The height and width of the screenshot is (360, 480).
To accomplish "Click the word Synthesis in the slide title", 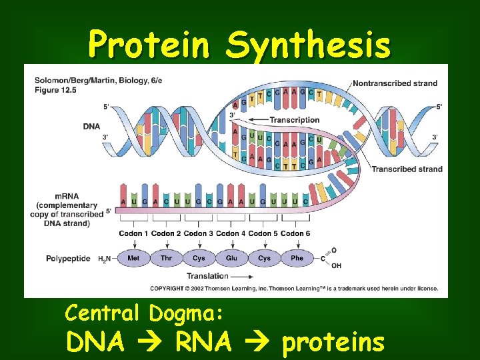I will point(307,45).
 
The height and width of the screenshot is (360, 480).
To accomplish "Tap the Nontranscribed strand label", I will point(395,83).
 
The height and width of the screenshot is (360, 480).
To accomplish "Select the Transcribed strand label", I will point(407,169).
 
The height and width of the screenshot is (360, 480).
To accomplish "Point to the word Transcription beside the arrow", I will point(295,120).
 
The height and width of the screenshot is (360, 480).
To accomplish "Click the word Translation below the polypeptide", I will point(207,276).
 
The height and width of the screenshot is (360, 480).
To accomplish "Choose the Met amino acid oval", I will point(133,258).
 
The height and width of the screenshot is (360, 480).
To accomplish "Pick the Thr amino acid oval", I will point(166,258).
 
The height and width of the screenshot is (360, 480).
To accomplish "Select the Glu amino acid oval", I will point(231,258).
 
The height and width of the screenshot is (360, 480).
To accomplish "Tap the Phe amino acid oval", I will point(297,258).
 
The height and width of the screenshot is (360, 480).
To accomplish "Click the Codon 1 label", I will point(133,233).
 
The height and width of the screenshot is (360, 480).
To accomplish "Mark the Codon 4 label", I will point(231,233).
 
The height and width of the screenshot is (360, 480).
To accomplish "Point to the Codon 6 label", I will point(295,233).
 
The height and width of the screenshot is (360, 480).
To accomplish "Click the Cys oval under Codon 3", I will point(199,258).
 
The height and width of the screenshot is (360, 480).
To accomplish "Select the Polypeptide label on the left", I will point(68,259).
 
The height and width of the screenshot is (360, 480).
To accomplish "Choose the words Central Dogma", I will point(144,312).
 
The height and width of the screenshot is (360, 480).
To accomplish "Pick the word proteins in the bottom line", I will point(333,342).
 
